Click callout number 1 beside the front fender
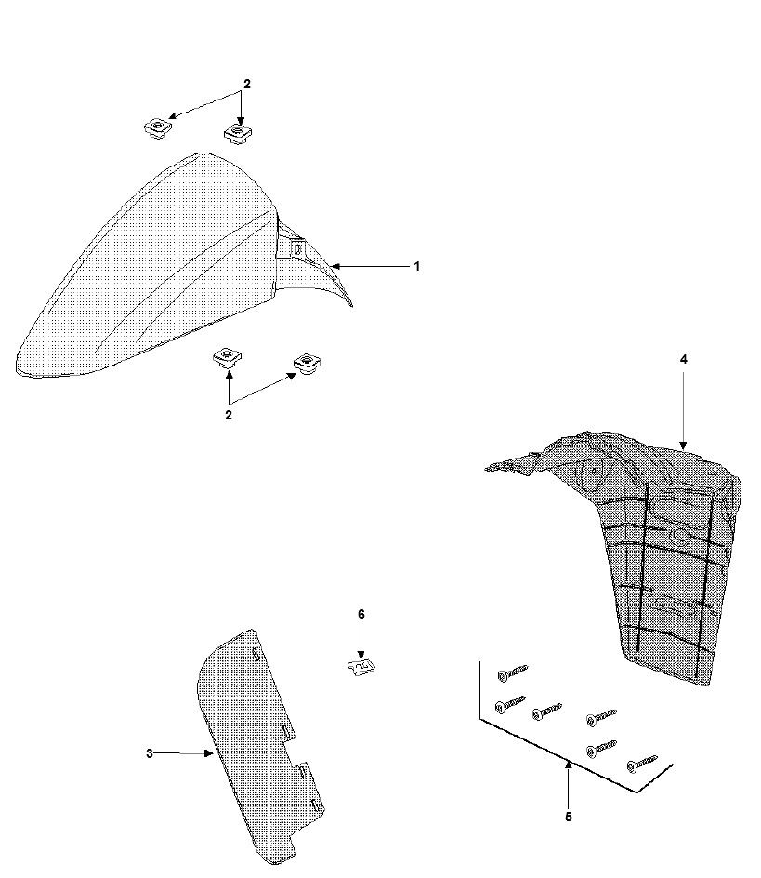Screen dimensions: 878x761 click(417, 266)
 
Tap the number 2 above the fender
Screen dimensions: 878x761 click(247, 85)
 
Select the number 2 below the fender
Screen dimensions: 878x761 click(229, 415)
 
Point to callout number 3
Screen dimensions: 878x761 click(149, 753)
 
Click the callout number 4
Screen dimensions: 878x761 click(683, 359)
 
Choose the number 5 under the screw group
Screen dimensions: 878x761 click(569, 817)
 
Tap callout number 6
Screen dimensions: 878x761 click(361, 614)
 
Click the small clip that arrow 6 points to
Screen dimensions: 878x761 click(361, 666)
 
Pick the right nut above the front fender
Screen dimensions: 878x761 click(240, 134)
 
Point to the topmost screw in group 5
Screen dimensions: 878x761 click(512, 671)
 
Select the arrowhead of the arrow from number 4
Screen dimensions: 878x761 click(683, 447)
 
